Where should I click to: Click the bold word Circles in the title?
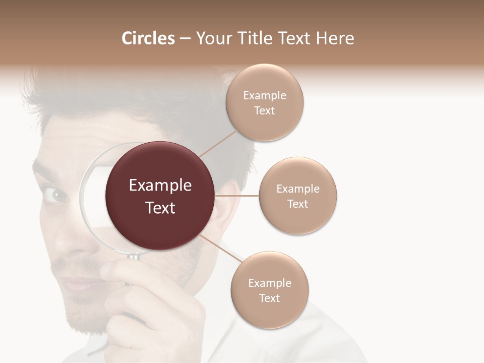click(x=148, y=38)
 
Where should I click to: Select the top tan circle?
click(x=265, y=103)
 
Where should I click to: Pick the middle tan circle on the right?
click(x=298, y=196)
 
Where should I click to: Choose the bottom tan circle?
click(x=270, y=290)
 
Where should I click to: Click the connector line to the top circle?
click(x=218, y=143)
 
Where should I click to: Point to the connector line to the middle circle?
click(x=237, y=196)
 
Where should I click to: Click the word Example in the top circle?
click(x=265, y=95)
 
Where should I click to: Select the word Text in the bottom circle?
click(x=270, y=298)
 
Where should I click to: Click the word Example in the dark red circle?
click(x=160, y=186)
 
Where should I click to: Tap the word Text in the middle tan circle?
click(x=298, y=204)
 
